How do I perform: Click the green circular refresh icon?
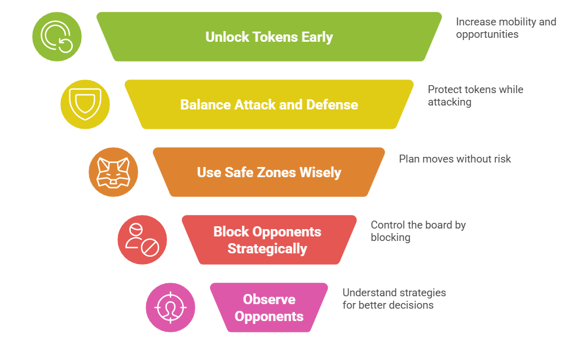click(57, 37)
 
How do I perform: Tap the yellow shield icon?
click(85, 104)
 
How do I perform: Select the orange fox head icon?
click(113, 172)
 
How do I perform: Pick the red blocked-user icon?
click(142, 240)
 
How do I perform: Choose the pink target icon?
click(170, 308)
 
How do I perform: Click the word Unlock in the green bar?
click(227, 37)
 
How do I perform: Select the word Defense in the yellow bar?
click(332, 105)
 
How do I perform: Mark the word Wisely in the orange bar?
click(320, 173)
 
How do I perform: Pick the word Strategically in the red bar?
click(267, 249)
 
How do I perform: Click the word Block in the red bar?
click(231, 232)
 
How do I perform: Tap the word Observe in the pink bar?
click(269, 300)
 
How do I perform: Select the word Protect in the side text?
click(444, 90)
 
